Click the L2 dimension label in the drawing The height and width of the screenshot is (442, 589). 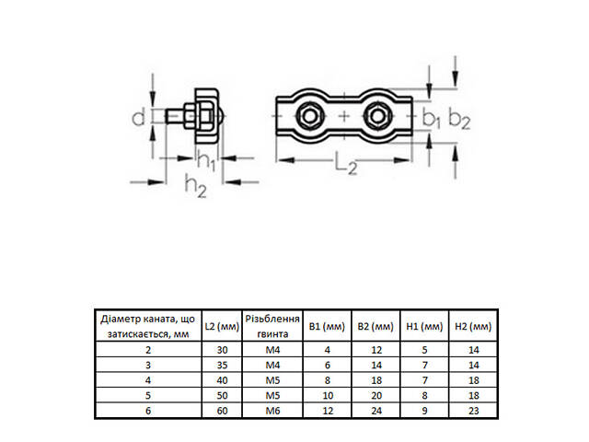(345, 166)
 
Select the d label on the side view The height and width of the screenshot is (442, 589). (136, 117)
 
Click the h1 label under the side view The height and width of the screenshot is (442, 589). (206, 161)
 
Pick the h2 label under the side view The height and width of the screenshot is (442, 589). (194, 186)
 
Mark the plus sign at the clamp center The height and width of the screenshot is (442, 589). (344, 116)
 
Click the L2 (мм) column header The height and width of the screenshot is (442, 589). (221, 326)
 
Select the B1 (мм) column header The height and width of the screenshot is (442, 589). (326, 326)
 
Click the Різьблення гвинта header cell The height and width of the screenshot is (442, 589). (273, 326)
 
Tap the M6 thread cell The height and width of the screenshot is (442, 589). (273, 410)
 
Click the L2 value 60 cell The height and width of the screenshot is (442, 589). (221, 410)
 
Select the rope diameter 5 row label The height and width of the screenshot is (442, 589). (147, 395)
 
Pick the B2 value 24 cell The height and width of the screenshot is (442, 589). (375, 410)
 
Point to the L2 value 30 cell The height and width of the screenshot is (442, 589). (221, 351)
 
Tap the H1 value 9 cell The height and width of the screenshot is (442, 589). (424, 410)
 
